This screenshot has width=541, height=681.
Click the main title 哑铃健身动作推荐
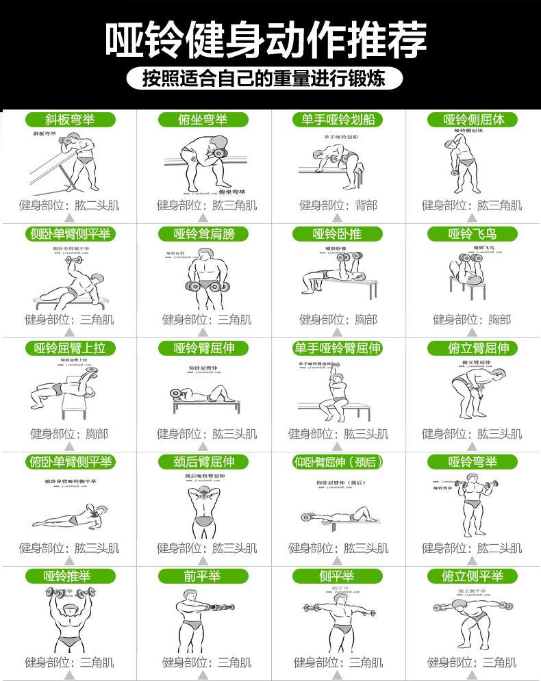click(x=266, y=40)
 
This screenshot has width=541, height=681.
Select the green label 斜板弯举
click(x=70, y=120)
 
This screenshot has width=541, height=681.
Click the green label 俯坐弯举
click(x=202, y=120)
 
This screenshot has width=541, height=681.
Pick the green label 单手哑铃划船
click(x=338, y=120)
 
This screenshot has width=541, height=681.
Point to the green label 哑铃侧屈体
click(x=475, y=120)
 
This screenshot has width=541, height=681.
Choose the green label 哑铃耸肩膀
click(x=204, y=234)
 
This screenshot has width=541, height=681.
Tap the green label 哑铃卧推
click(x=337, y=234)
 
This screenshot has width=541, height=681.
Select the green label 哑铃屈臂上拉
click(x=70, y=348)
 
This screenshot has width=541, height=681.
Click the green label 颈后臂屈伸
click(x=204, y=463)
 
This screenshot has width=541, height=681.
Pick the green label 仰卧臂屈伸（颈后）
click(x=338, y=463)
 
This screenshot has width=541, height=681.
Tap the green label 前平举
click(x=202, y=577)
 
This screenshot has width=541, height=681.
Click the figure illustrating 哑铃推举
click(x=68, y=619)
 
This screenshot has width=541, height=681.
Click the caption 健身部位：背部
click(x=338, y=205)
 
